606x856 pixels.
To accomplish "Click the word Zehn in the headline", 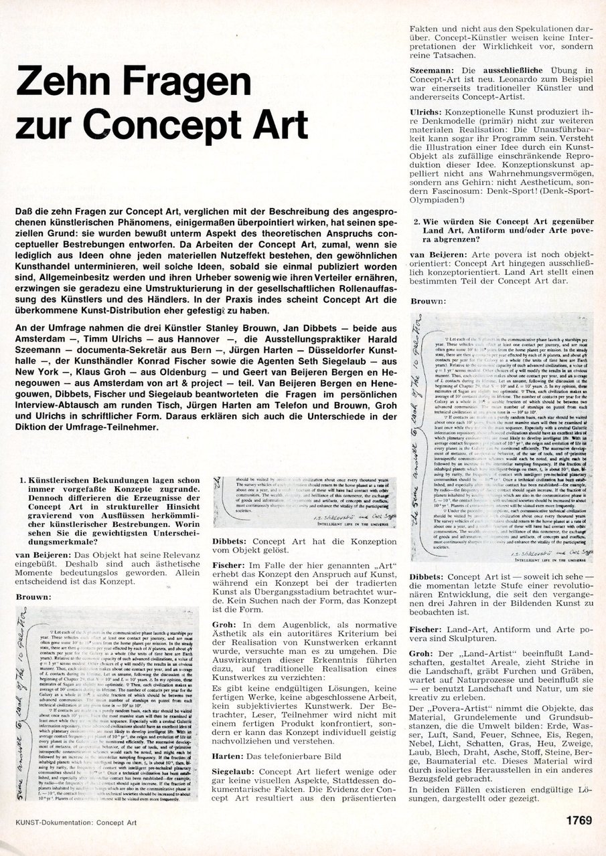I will point(63,86).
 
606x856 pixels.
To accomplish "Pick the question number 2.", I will point(416,222).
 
